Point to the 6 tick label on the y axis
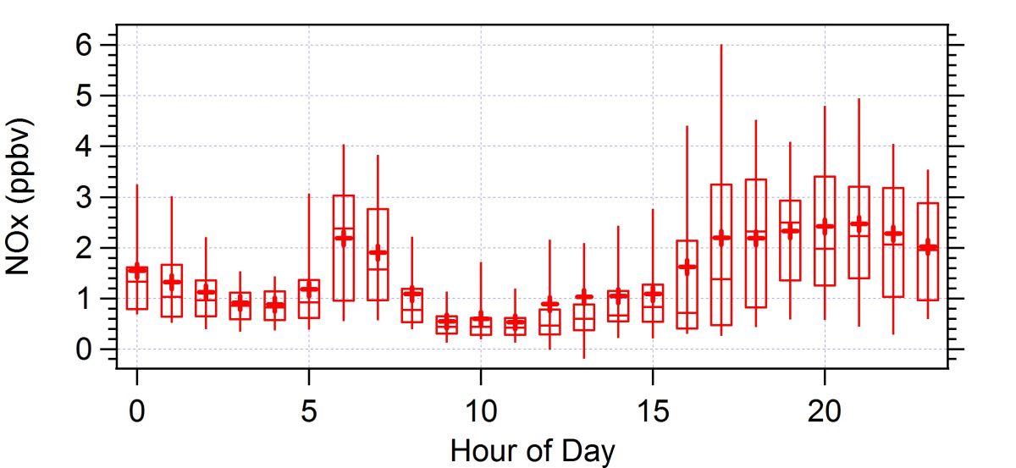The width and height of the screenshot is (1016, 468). pos(83,45)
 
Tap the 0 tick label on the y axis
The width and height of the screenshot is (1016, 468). pos(83,350)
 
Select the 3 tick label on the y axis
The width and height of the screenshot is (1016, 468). pos(83,197)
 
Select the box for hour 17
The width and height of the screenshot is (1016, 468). pos(721,254)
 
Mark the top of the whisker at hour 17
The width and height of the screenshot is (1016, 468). pos(721,45)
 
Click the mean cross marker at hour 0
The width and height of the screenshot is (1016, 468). pos(136,270)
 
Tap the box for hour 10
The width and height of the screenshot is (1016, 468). pos(480,327)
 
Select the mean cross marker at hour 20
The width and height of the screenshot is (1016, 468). pos(824,227)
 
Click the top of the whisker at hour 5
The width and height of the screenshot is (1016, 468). pos(309,194)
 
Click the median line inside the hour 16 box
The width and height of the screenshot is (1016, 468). pos(687,313)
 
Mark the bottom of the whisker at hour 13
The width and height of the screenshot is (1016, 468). pos(583,358)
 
